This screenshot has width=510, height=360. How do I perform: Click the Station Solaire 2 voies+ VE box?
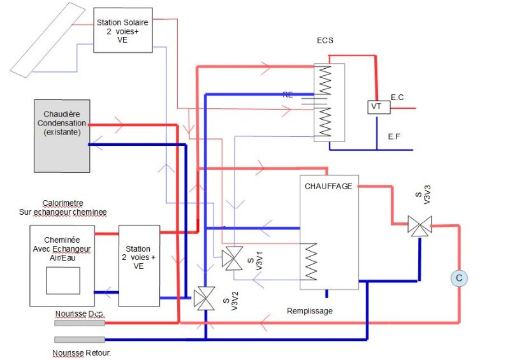pyautogui.click(x=123, y=30)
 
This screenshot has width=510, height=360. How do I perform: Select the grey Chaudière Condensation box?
pyautogui.click(x=61, y=135)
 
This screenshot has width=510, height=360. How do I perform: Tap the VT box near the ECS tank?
pyautogui.click(x=376, y=107)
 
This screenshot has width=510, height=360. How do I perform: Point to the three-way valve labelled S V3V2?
pyautogui.click(x=205, y=297)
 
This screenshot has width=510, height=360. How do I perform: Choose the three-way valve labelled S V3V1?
pyautogui.click(x=231, y=258)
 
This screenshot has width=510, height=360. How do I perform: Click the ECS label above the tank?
pyautogui.click(x=325, y=41)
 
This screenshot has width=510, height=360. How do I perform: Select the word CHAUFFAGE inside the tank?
pyautogui.click(x=329, y=187)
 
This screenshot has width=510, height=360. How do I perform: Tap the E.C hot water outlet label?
pyautogui.click(x=397, y=97)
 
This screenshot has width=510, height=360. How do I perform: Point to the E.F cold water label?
pyautogui.click(x=395, y=136)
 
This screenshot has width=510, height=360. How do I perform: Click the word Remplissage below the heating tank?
pyautogui.click(x=309, y=311)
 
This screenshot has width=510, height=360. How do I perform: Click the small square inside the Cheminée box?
pyautogui.click(x=62, y=280)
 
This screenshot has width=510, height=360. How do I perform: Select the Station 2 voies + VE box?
pyautogui.click(x=138, y=265)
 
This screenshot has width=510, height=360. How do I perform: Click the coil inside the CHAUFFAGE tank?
pyautogui.click(x=312, y=260)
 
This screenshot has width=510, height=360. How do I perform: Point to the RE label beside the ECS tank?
pyautogui.click(x=288, y=94)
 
